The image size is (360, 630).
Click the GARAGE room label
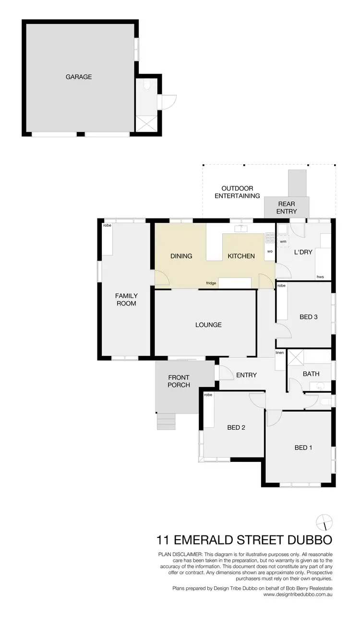click(x=79, y=77)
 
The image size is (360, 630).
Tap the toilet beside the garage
click(x=147, y=86)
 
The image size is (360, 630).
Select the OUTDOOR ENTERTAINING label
click(x=237, y=192)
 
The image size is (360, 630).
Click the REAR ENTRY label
click(x=287, y=207)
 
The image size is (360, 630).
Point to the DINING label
click(x=181, y=256)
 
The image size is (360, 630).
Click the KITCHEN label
click(x=241, y=256)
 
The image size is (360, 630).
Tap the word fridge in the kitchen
click(x=211, y=283)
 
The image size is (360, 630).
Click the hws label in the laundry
click(x=320, y=277)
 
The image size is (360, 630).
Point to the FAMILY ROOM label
click(x=126, y=300)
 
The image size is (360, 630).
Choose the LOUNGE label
click(x=208, y=325)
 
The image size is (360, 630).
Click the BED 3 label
click(x=309, y=317)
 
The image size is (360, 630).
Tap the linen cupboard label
click(x=280, y=353)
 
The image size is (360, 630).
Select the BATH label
click(x=311, y=374)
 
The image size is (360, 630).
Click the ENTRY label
click(x=247, y=375)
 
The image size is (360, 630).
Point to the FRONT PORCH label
click(x=179, y=381)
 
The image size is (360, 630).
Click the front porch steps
click(x=166, y=421)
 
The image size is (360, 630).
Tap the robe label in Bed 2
click(x=208, y=395)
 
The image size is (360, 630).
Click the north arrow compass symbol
click(x=324, y=521)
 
